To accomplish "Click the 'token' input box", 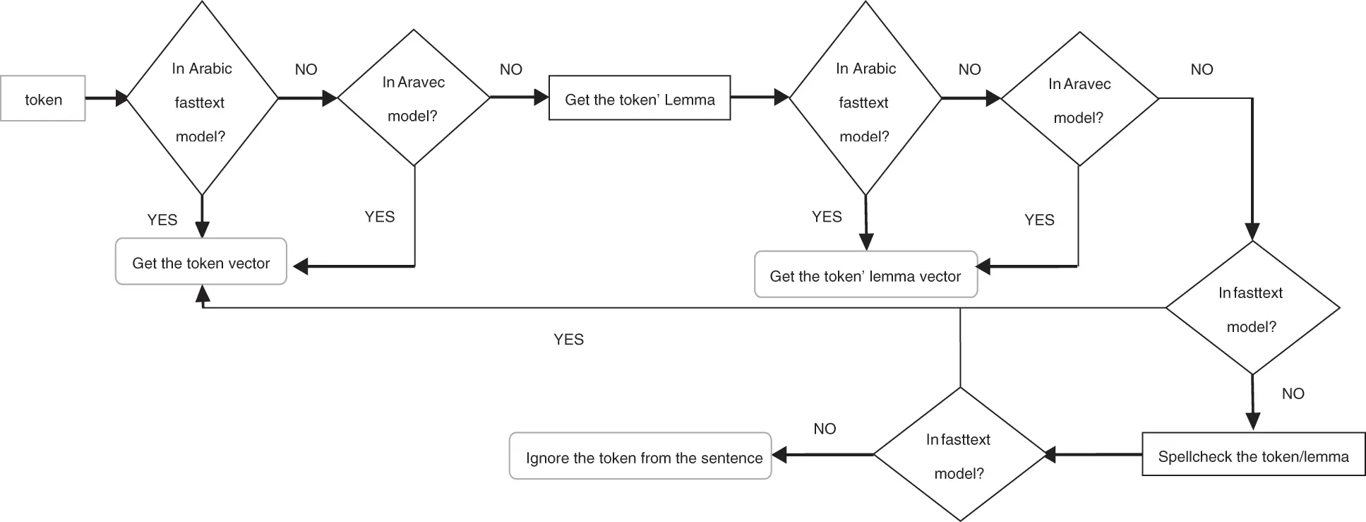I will click(x=43, y=99).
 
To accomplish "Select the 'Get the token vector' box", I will click(x=200, y=262).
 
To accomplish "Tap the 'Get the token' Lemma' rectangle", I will click(x=639, y=99).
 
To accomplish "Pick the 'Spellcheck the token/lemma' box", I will click(x=1252, y=456).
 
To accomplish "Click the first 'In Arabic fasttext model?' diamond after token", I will click(x=202, y=99).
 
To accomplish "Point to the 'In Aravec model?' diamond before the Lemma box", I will click(x=414, y=98).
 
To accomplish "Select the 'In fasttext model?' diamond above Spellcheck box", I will click(x=1252, y=309).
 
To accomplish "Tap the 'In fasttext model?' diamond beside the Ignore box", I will click(x=959, y=455).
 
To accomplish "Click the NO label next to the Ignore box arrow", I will click(x=824, y=429).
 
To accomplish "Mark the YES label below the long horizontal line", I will click(x=568, y=340).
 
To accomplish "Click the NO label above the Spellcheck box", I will click(x=1293, y=393).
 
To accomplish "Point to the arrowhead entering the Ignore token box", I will click(x=779, y=455).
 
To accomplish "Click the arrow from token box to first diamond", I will click(x=106, y=98).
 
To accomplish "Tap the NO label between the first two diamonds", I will click(x=306, y=69).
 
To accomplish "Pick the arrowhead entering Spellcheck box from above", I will click(x=1252, y=422).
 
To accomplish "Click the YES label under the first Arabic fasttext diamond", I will click(x=162, y=220).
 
